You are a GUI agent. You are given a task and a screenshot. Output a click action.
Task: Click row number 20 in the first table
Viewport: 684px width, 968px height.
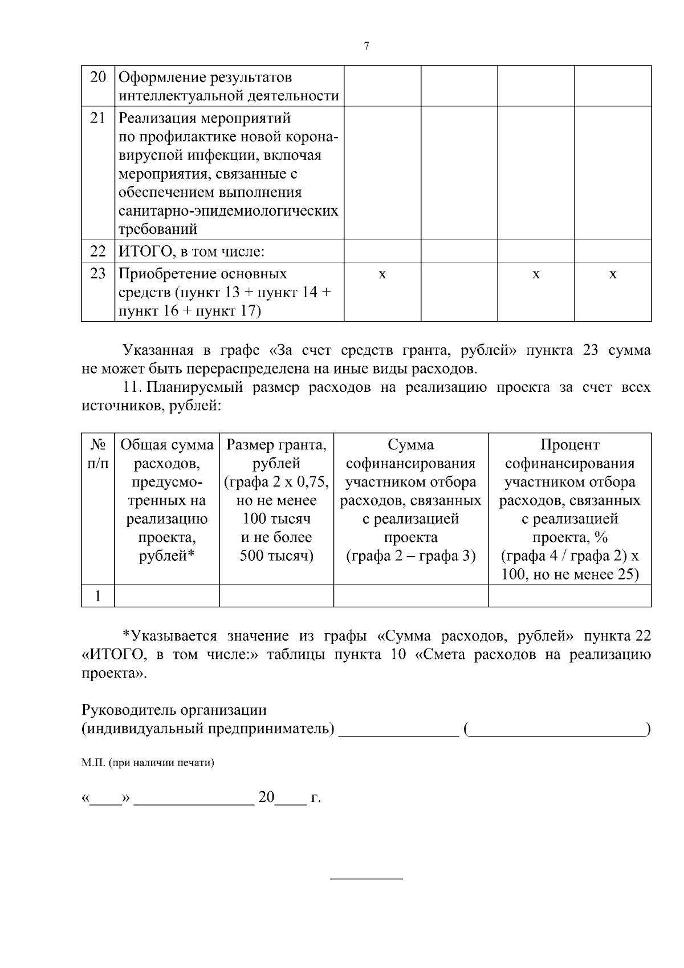[x=98, y=77]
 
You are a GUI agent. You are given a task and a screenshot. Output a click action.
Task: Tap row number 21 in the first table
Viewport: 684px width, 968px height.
[x=98, y=118]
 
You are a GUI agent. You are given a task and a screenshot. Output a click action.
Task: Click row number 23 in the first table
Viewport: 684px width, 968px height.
[x=98, y=274]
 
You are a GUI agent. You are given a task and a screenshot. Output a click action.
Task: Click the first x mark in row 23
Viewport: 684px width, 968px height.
[x=382, y=275]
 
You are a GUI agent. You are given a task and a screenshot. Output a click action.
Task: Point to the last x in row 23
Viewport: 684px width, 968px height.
[x=613, y=275]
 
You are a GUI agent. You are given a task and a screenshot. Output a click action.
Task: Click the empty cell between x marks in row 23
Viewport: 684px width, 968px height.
[x=459, y=291]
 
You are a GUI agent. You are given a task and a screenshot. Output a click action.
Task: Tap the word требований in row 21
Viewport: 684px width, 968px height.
[x=158, y=229]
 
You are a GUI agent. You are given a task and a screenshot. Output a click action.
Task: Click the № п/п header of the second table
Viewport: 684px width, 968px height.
[x=97, y=454]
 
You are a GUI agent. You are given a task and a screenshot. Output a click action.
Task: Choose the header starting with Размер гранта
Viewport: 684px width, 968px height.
[x=276, y=500]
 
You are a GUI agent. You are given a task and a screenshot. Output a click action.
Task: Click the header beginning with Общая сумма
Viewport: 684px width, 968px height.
[x=167, y=500]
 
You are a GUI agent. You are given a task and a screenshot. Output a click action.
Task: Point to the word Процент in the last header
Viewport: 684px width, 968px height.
[x=569, y=445]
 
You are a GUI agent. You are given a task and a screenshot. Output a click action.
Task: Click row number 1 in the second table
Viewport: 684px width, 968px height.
[x=98, y=596]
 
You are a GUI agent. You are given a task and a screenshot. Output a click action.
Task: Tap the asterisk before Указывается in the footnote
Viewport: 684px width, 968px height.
[x=127, y=636]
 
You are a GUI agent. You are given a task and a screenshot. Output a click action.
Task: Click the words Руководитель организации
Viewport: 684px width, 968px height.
[x=174, y=710]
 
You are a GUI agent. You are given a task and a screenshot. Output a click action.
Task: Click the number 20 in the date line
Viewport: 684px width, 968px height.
[x=266, y=797]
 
